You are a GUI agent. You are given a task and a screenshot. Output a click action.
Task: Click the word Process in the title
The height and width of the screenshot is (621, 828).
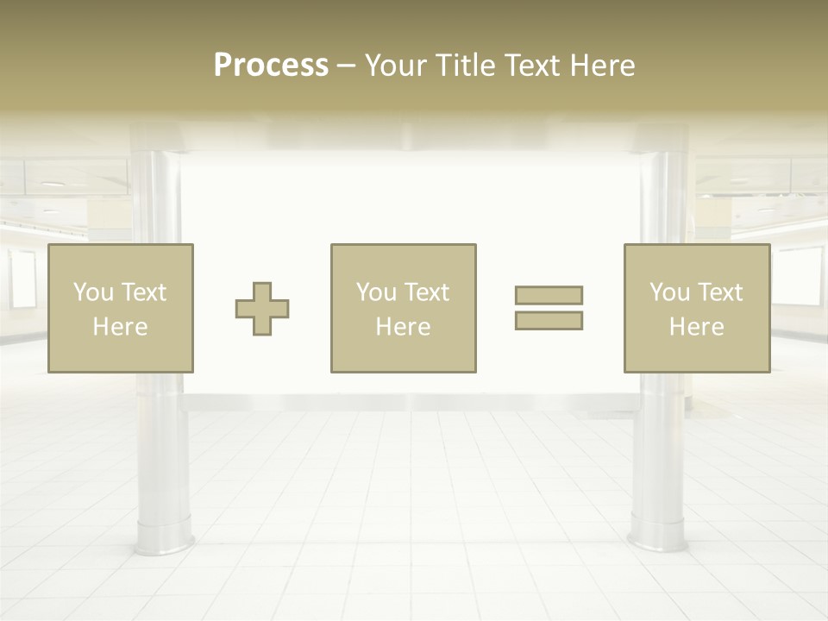coord(271,66)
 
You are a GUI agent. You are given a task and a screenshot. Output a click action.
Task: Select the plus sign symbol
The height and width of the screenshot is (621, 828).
coord(262,309)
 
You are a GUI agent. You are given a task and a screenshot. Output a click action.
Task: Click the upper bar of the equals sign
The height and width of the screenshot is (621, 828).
coord(549,295)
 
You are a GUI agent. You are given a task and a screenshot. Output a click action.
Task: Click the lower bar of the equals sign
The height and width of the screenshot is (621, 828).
coord(549,320)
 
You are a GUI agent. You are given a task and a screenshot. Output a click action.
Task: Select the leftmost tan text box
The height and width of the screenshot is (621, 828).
coord(121,308)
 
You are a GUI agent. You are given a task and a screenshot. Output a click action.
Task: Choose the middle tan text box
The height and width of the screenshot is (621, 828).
coord(404,308)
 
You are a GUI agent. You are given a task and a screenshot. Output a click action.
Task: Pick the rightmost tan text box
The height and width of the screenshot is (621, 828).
coord(697,308)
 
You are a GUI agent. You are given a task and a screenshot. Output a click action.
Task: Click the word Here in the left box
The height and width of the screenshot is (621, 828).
coord(121,327)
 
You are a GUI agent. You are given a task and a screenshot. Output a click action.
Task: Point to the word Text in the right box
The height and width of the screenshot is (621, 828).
coord(721,292)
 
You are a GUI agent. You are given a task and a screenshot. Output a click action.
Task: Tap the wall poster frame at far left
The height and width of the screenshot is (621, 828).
coord(23,279)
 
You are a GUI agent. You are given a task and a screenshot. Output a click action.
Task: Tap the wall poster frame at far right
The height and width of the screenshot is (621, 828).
coord(799,278)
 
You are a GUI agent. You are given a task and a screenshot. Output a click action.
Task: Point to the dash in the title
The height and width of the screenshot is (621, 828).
coord(346,66)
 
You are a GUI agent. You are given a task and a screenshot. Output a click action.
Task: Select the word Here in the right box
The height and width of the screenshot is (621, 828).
coord(697,327)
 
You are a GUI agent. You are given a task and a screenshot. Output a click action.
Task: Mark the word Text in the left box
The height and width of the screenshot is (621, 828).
coord(144,292)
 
